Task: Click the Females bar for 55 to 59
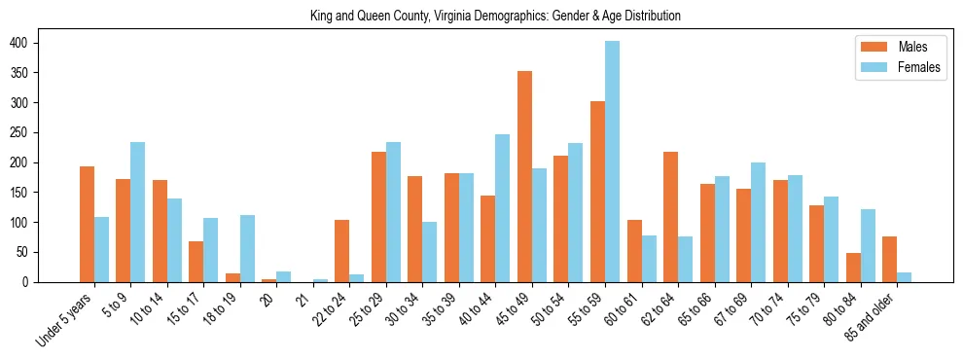coord(613,162)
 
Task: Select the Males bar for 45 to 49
coord(525,176)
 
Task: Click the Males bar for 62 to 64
coord(671,217)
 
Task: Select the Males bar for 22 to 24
coord(342,251)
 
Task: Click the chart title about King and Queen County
coord(495,16)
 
